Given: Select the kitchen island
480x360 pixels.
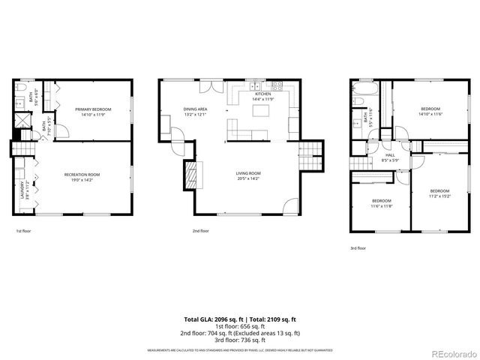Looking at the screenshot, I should pyautogui.click(x=262, y=111).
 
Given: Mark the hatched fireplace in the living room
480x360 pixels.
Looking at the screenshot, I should pyautogui.click(x=192, y=177).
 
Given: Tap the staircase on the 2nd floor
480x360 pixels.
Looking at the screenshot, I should pyautogui.click(x=310, y=156).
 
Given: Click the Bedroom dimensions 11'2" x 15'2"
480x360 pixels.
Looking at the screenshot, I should pyautogui.click(x=439, y=196).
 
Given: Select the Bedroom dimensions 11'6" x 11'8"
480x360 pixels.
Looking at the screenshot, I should pyautogui.click(x=382, y=205).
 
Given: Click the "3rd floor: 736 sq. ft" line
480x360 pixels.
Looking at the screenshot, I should pyautogui.click(x=239, y=340).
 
